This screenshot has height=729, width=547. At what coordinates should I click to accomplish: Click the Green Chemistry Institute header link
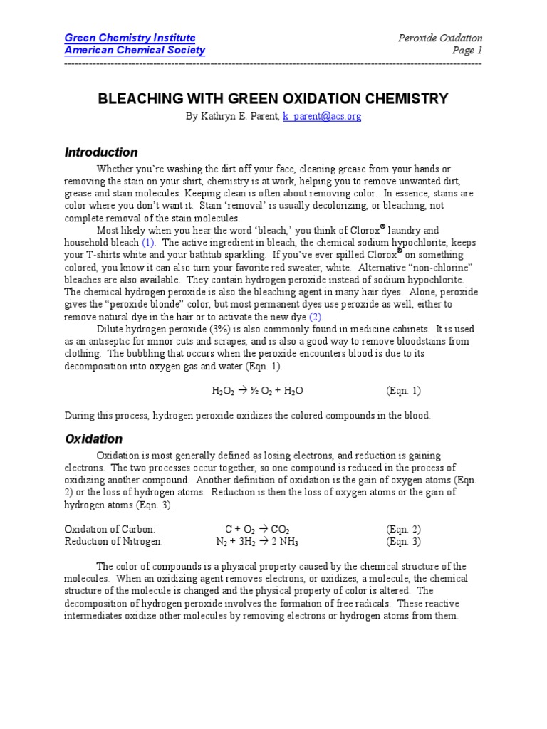pyautogui.click(x=130, y=38)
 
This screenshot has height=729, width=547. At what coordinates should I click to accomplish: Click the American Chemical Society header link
pyautogui.click(x=135, y=51)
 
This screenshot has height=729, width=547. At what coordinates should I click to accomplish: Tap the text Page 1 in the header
pyautogui.click(x=467, y=51)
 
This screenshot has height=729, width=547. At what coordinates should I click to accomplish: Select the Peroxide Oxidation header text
pyautogui.click(x=439, y=38)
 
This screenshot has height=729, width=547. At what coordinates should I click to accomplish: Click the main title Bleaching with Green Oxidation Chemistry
pyautogui.click(x=273, y=98)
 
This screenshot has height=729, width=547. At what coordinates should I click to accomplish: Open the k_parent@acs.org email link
pyautogui.click(x=322, y=117)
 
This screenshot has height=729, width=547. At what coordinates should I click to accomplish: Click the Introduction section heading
pyautogui.click(x=101, y=152)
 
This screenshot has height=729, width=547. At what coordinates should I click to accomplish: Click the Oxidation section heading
pyautogui.click(x=93, y=439)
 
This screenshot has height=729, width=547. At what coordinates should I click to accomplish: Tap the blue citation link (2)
pyautogui.click(x=315, y=316)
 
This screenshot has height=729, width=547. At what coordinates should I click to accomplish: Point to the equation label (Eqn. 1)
pyautogui.click(x=403, y=391)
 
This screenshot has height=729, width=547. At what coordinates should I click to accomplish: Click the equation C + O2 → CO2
pyautogui.click(x=257, y=529)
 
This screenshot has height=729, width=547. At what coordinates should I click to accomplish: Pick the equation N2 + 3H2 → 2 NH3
pyautogui.click(x=257, y=541)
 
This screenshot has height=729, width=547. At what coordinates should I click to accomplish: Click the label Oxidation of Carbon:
pyautogui.click(x=110, y=529)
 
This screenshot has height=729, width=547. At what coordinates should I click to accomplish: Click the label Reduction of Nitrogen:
pyautogui.click(x=114, y=541)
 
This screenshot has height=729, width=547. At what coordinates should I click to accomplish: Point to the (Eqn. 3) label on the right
pyautogui.click(x=403, y=541)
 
